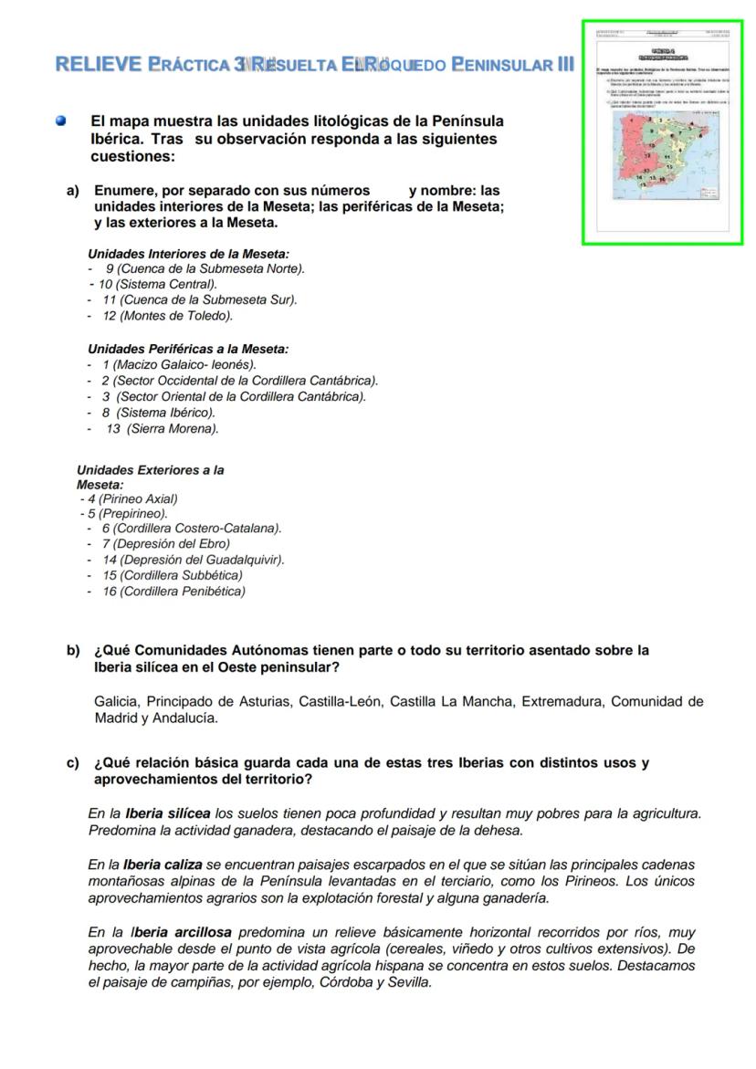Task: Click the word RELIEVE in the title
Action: [x=98, y=65]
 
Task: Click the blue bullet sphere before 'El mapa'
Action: [x=61, y=121]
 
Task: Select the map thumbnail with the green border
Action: [x=663, y=132]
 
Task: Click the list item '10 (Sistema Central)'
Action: [x=157, y=284]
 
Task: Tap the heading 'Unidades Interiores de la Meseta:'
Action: [x=188, y=253]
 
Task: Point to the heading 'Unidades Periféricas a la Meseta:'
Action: [x=188, y=349]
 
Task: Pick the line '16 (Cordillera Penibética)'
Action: [x=173, y=592]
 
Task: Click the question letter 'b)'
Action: [x=73, y=651]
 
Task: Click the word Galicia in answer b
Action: [x=116, y=701]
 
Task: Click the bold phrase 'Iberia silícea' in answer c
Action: [x=168, y=812]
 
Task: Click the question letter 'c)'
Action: [x=73, y=763]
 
